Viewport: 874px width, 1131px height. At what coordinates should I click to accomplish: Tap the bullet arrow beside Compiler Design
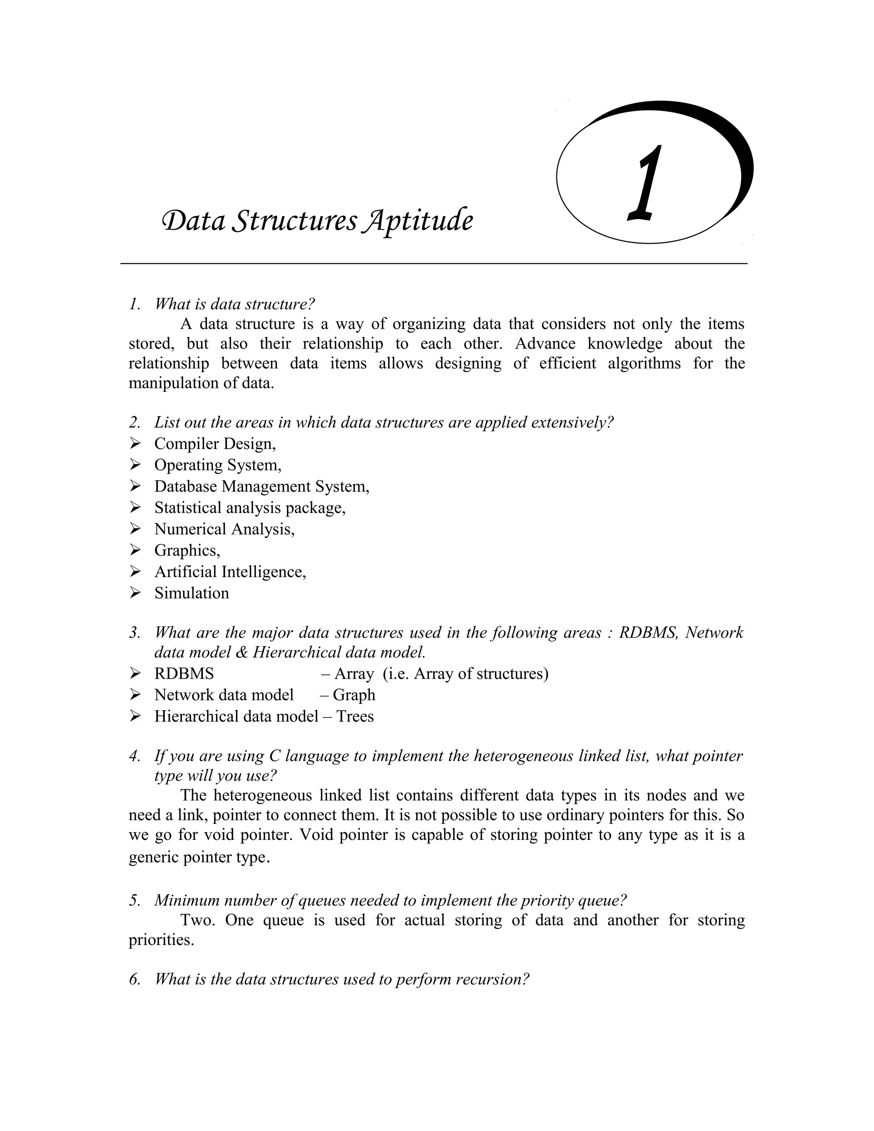[135, 443]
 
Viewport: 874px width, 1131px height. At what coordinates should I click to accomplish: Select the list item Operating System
[218, 465]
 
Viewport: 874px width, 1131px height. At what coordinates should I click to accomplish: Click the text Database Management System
[262, 486]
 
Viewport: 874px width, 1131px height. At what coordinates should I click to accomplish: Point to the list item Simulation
[192, 593]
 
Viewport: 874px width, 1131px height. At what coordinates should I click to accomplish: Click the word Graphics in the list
[186, 550]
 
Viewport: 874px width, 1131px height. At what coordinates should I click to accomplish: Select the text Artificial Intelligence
[230, 572]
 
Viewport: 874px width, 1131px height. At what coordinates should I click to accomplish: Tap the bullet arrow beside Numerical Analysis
[135, 529]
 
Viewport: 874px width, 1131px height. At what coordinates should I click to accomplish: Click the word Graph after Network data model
[354, 695]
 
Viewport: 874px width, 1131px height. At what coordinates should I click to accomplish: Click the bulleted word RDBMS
[184, 674]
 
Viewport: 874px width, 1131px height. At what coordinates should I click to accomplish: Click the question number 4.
[134, 756]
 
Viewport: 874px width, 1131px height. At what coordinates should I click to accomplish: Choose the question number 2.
[134, 423]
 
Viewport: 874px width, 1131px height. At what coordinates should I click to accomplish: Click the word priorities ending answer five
[161, 940]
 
